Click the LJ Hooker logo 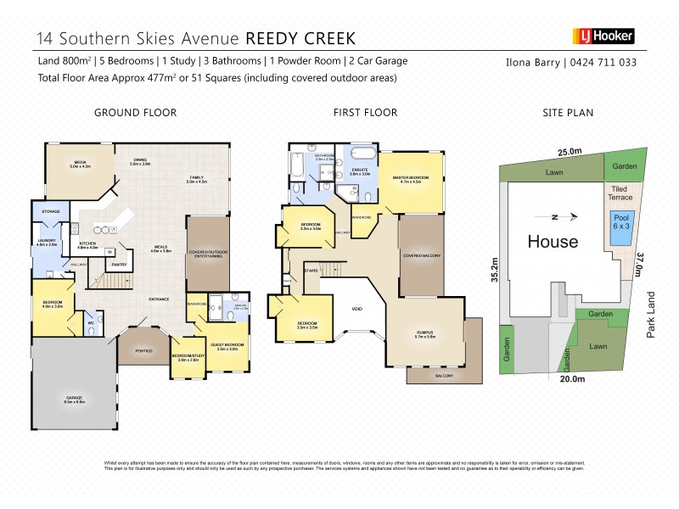(605, 36)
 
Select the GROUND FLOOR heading (135, 112)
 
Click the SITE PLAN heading (568, 112)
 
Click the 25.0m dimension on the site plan (570, 152)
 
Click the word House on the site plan (553, 242)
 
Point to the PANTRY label (120, 266)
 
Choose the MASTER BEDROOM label (411, 178)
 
